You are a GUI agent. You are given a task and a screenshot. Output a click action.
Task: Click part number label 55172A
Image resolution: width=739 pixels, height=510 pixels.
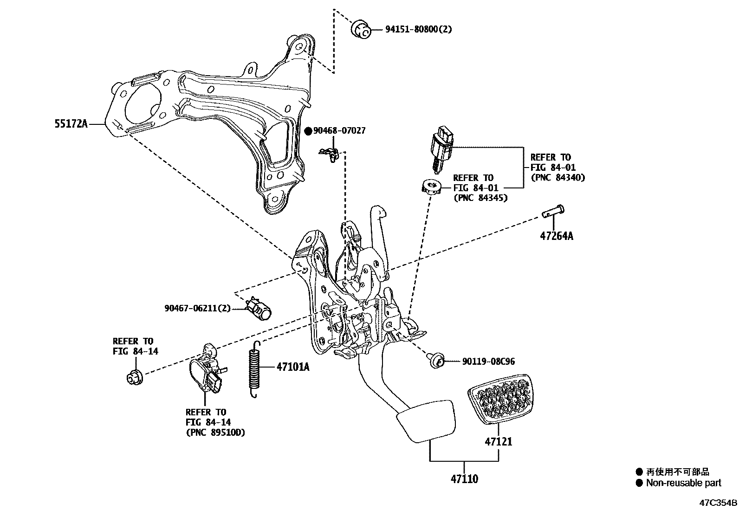(x=71, y=124)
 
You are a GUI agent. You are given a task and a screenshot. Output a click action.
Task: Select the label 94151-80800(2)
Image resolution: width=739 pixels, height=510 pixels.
(x=418, y=30)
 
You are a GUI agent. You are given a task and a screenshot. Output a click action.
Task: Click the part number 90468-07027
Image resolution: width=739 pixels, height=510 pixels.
(x=339, y=131)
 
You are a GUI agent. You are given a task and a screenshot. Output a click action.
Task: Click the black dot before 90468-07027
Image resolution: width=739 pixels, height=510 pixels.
(x=308, y=131)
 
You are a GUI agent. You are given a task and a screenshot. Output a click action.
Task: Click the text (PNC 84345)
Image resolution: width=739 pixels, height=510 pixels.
(x=480, y=198)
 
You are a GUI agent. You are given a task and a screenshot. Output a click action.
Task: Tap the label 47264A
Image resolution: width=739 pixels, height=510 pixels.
(x=556, y=236)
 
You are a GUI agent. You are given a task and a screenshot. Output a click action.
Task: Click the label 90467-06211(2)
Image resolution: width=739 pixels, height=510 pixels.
(x=197, y=308)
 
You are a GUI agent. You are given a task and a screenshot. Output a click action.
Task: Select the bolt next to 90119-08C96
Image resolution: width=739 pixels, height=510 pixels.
(x=436, y=361)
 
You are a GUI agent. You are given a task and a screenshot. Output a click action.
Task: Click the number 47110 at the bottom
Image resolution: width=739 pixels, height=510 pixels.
(x=464, y=479)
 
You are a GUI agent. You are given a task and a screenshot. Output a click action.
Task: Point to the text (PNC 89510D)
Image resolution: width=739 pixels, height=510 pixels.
(x=215, y=433)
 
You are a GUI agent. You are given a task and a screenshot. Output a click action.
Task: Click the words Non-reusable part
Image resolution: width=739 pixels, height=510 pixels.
(x=684, y=483)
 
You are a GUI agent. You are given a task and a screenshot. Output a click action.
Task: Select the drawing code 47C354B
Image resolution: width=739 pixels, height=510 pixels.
(x=719, y=503)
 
